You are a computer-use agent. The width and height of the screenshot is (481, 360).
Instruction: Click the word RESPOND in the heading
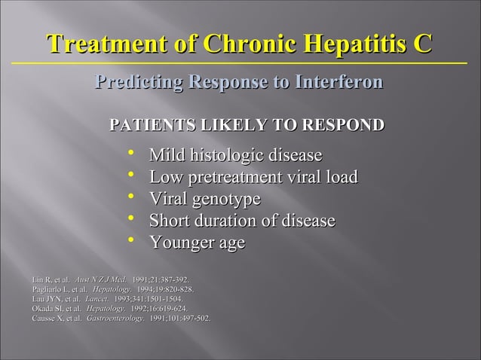(x=343, y=124)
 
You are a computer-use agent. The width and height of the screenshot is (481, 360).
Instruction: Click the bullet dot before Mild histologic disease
(x=132, y=154)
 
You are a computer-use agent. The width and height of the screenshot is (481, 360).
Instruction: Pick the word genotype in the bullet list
(x=226, y=200)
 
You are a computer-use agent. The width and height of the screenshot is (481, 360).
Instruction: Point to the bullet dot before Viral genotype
(x=132, y=198)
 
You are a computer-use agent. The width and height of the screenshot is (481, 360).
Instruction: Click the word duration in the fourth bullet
(x=226, y=221)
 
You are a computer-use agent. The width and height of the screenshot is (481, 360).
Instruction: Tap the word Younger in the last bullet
(x=179, y=243)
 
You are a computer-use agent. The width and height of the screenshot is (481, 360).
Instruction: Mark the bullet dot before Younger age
(x=132, y=241)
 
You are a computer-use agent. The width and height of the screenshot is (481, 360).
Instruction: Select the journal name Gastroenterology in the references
(x=115, y=319)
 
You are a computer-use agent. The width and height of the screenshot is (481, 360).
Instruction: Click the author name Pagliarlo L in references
(x=50, y=289)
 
